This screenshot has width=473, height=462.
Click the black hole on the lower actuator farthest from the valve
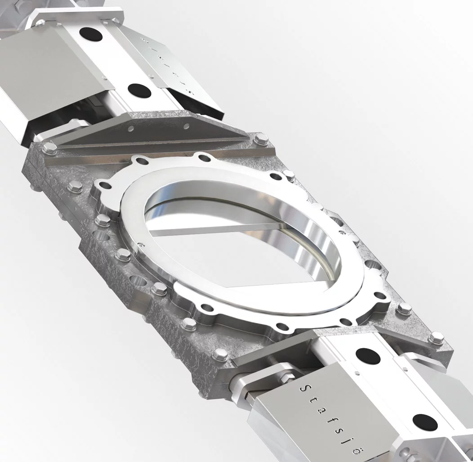tap(425, 422)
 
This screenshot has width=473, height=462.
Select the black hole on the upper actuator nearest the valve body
tap(139, 90)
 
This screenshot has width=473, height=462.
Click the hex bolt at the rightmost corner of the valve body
tap(435, 338)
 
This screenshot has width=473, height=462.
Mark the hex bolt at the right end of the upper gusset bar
tap(261, 140)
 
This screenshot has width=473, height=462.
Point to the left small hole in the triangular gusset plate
tap(130, 129)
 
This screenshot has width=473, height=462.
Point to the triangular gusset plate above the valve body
tap(153, 130)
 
